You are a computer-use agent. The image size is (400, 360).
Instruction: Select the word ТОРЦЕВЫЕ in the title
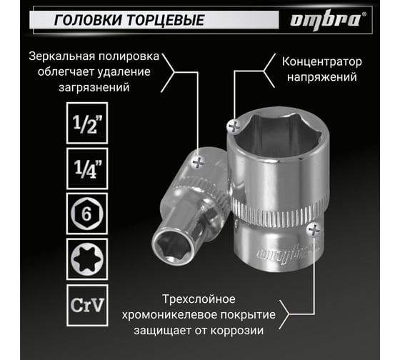click(x=166, y=20)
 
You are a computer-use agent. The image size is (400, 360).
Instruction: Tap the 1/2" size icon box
click(x=87, y=123)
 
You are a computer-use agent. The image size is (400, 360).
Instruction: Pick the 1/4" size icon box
click(x=87, y=169)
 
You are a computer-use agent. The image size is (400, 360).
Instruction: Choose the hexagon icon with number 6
click(x=87, y=214)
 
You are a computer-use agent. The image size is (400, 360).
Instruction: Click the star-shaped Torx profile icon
click(x=87, y=259)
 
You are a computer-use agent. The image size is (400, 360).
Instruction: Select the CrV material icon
click(x=87, y=305)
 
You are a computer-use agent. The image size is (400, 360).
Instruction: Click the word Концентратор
click(x=321, y=62)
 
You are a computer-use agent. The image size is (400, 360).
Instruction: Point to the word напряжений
click(x=322, y=77)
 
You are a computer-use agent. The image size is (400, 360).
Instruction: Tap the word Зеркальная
click(x=61, y=56)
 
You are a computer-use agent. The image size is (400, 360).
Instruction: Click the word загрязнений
click(x=94, y=88)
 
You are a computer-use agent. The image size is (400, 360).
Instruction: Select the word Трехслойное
click(x=199, y=299)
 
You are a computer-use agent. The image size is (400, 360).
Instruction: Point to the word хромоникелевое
click(x=169, y=315)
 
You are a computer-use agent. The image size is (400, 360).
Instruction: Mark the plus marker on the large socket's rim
click(x=234, y=126)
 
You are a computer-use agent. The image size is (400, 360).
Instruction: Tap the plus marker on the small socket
click(x=199, y=161)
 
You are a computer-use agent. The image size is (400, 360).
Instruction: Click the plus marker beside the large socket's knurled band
click(x=314, y=229)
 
